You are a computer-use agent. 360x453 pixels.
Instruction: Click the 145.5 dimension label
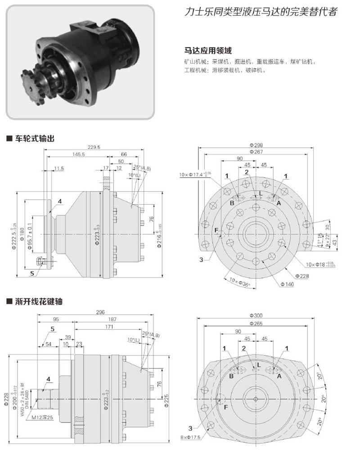[x=78, y=154]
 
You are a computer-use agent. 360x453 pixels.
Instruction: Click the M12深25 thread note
[x=44, y=417]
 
